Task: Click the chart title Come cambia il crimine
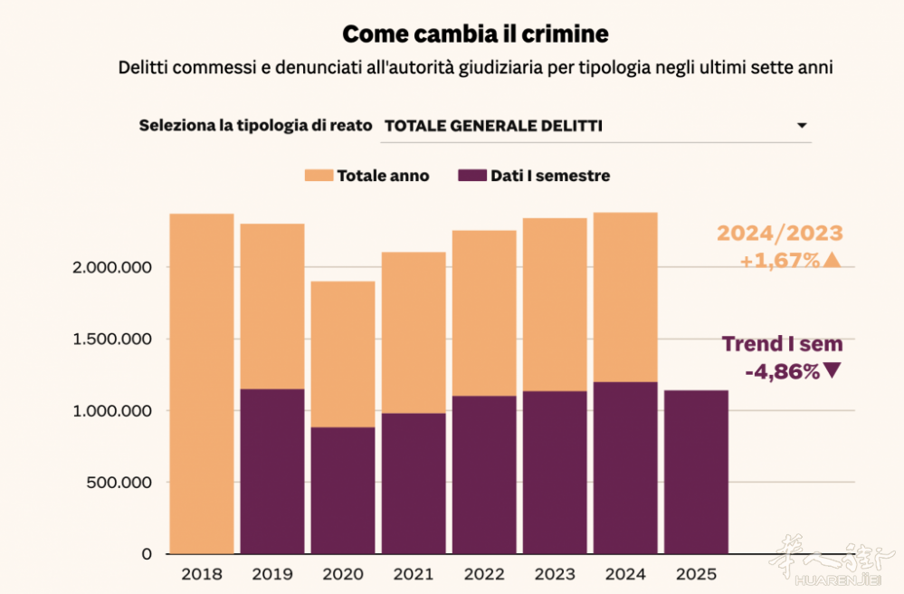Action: [475, 34]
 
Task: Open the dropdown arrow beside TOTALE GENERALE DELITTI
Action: [801, 126]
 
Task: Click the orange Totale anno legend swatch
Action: [319, 176]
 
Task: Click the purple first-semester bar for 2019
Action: [271, 471]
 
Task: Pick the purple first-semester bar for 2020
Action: [343, 490]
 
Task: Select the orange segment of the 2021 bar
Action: [414, 332]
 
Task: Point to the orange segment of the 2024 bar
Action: [625, 297]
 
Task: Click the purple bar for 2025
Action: [696, 471]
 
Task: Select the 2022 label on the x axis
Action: [484, 574]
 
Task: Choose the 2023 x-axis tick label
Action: [555, 574]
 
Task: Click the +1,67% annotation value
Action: [779, 261]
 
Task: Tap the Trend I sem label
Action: [782, 344]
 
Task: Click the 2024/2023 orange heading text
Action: [779, 234]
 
